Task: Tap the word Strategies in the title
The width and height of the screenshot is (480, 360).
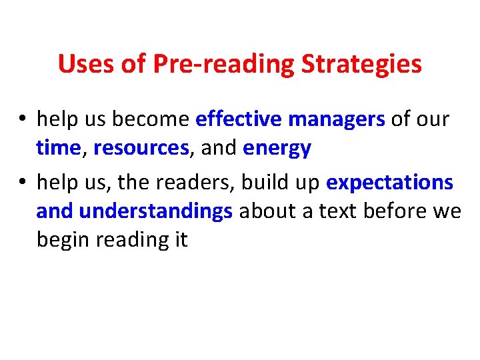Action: [362, 65]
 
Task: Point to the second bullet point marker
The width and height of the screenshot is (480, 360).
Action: [23, 182]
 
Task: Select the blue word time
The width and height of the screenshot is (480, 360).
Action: [58, 148]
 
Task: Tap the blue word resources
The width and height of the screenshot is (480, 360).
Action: [141, 149]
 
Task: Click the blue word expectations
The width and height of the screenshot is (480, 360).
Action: [389, 182]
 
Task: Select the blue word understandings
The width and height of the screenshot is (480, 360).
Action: [155, 211]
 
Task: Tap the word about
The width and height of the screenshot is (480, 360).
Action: [265, 211]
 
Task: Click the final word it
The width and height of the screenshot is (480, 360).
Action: [181, 239]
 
